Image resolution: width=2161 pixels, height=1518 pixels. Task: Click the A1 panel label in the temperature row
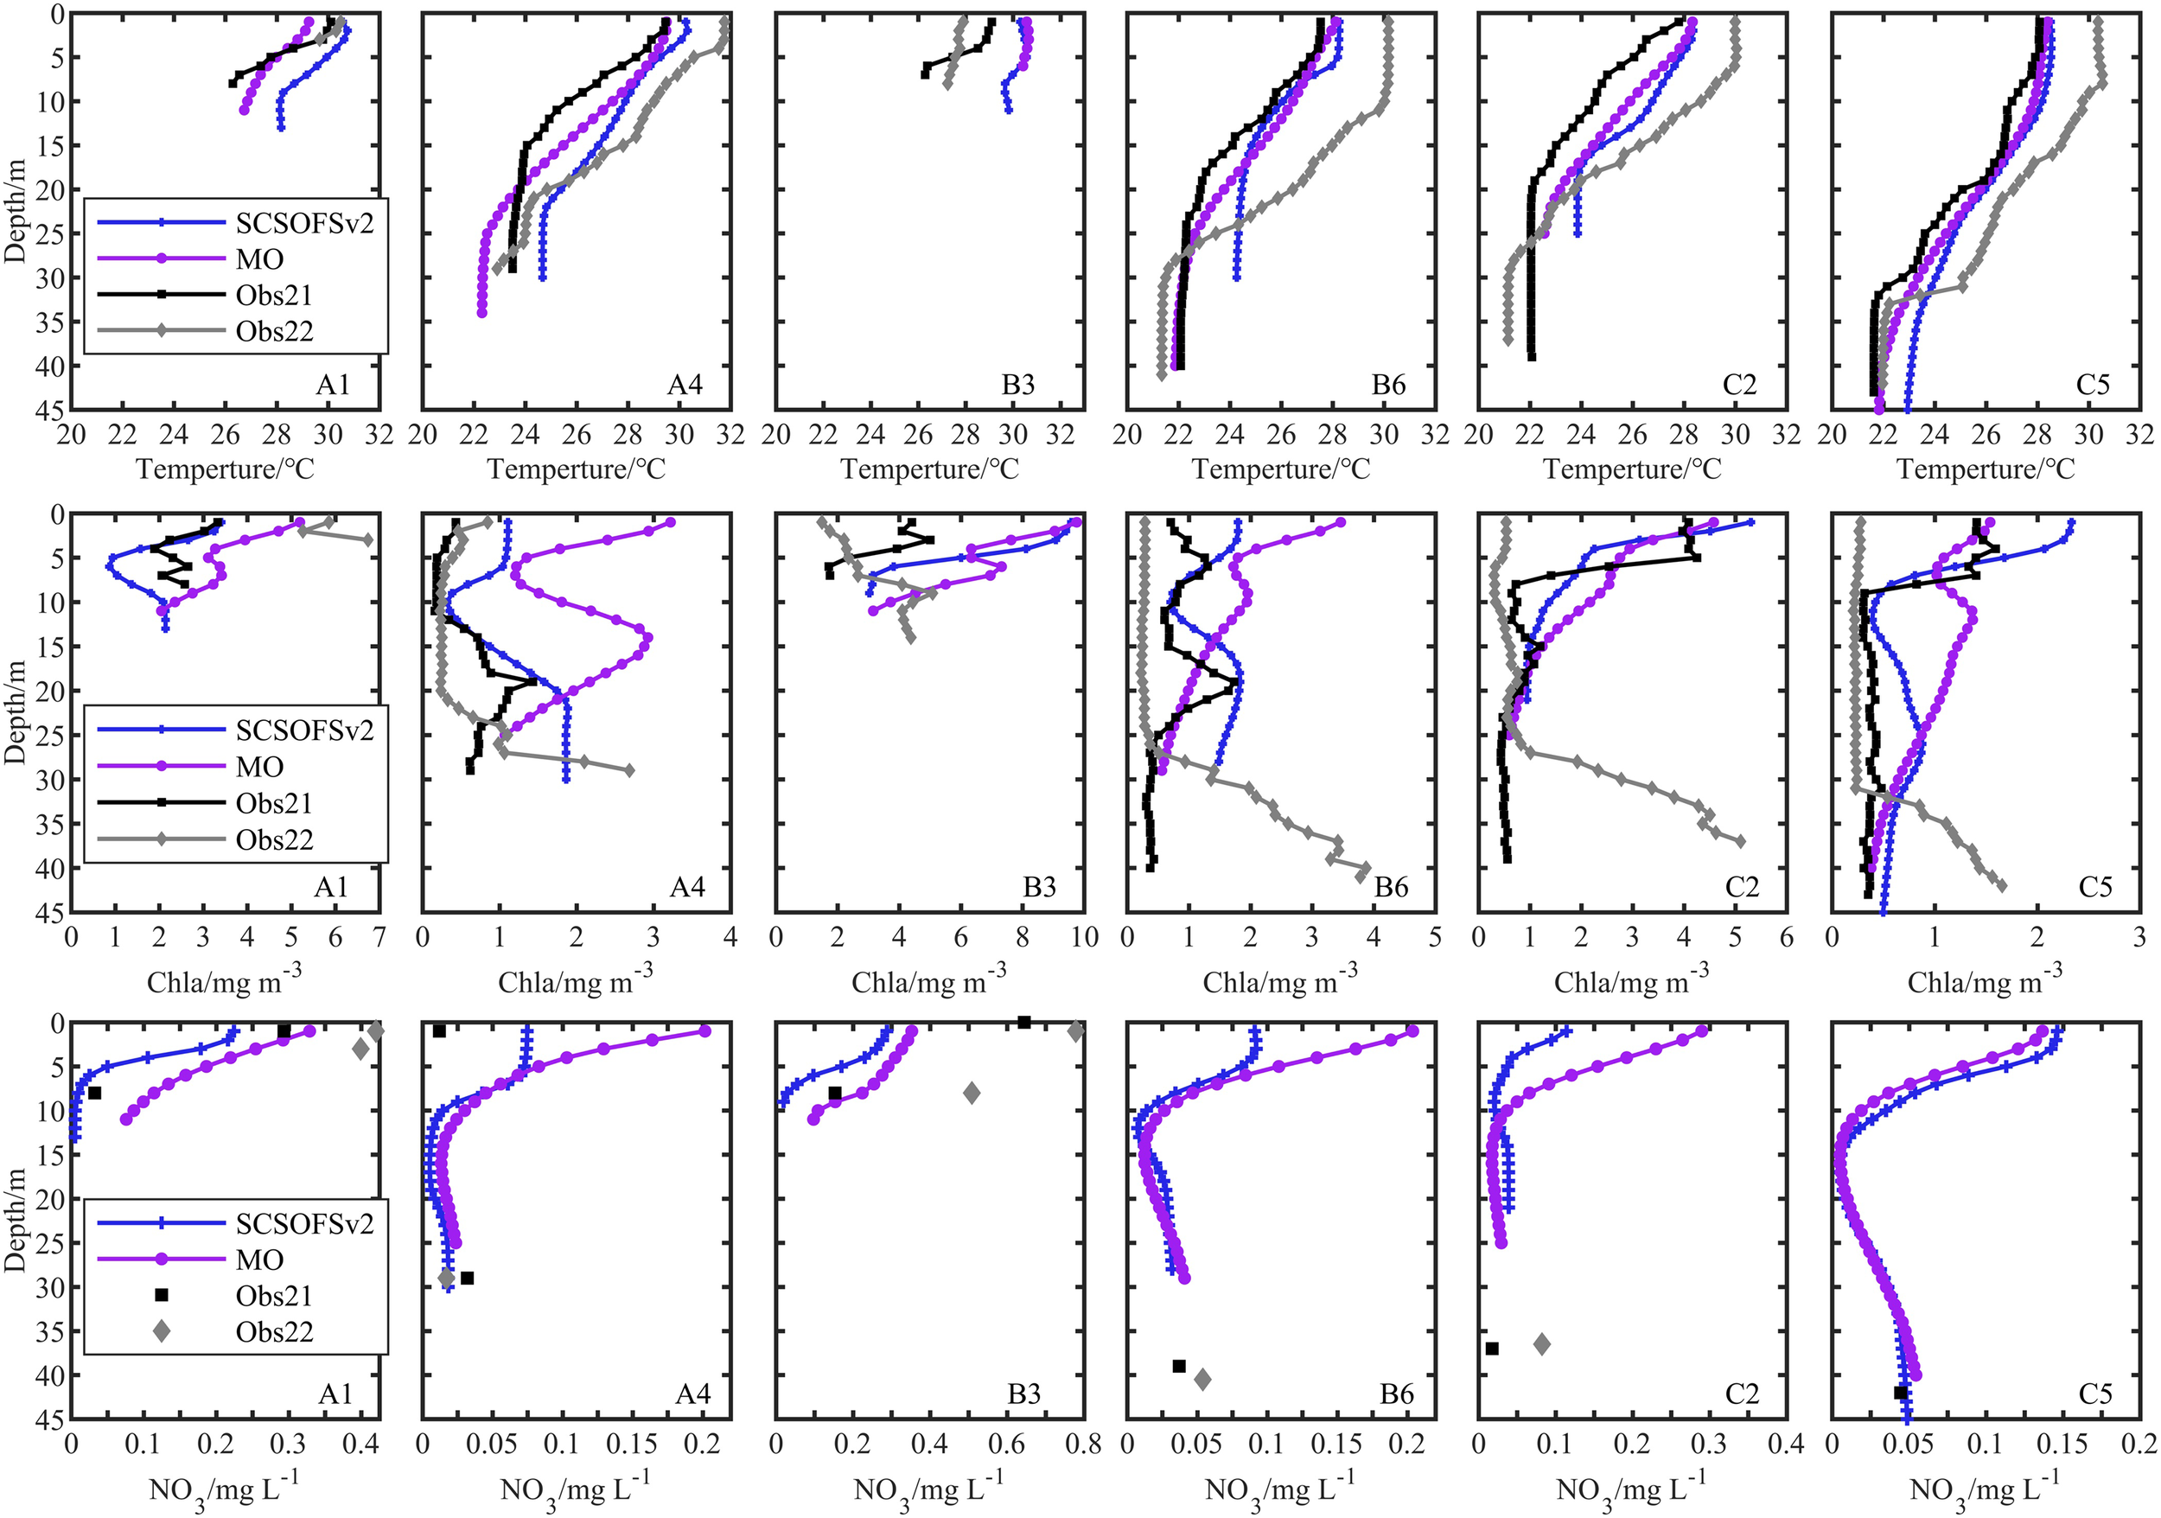[x=332, y=385]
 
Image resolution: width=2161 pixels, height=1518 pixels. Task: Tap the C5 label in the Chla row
[x=2095, y=887]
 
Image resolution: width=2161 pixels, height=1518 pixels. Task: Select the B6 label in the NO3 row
[x=1397, y=1394]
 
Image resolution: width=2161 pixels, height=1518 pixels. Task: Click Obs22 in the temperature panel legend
[x=274, y=331]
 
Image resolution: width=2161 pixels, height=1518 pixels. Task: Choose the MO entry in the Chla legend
[x=260, y=766]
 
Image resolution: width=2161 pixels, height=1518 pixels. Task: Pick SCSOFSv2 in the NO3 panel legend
[x=304, y=1223]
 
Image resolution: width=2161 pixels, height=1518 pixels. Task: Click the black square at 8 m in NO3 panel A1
[x=94, y=1093]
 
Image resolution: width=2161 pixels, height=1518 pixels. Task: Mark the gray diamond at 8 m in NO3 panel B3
[x=972, y=1093]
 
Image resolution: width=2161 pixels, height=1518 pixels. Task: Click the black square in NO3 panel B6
[x=1178, y=1366]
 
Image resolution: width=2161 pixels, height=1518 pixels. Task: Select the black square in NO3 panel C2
[x=1492, y=1349]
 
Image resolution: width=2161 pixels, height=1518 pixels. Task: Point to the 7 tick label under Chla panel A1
[x=379, y=937]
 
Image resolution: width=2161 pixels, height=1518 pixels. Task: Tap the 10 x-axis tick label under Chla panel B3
[x=1084, y=937]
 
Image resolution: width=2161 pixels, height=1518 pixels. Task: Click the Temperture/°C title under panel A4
[x=576, y=469]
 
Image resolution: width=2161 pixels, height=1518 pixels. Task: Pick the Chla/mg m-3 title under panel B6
[x=1280, y=980]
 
